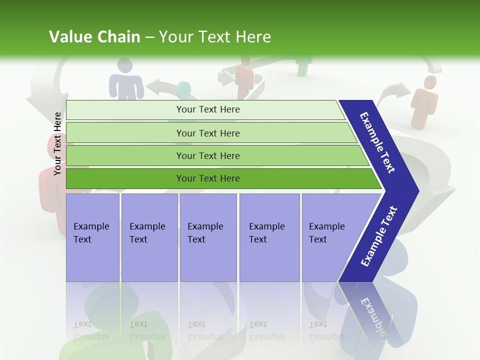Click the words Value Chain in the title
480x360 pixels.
[94, 37]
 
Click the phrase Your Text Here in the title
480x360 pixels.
[215, 37]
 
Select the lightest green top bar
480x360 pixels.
[207, 109]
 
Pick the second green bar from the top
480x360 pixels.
[207, 133]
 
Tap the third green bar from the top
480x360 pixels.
[207, 155]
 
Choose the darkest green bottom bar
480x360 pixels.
[207, 178]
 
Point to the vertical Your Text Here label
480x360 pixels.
[58, 143]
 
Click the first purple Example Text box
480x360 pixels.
[92, 237]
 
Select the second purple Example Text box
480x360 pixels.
[149, 237]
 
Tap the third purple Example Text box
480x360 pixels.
[207, 237]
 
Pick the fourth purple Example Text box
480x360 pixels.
[269, 237]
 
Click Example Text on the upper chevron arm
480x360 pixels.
[378, 142]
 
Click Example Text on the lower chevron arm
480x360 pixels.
[379, 236]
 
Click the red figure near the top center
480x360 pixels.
[245, 77]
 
